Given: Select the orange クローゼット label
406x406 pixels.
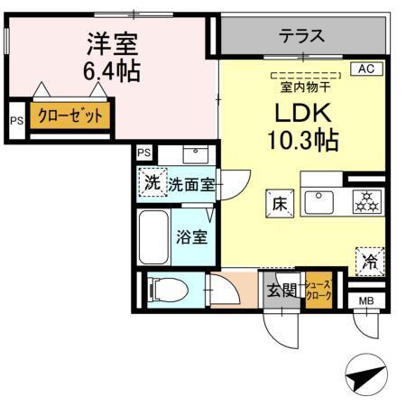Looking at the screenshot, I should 69,116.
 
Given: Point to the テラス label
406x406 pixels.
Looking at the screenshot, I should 300,36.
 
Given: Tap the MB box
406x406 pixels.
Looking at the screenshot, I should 366,300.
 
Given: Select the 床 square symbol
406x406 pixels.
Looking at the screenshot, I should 278,204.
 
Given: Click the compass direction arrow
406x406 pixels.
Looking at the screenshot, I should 364,375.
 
